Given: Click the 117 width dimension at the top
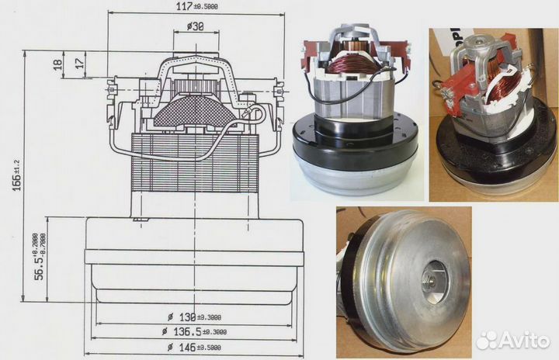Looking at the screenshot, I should [x=192, y=7].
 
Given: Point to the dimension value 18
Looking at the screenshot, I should [x=57, y=65].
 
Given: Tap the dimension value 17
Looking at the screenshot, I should [x=81, y=62].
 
